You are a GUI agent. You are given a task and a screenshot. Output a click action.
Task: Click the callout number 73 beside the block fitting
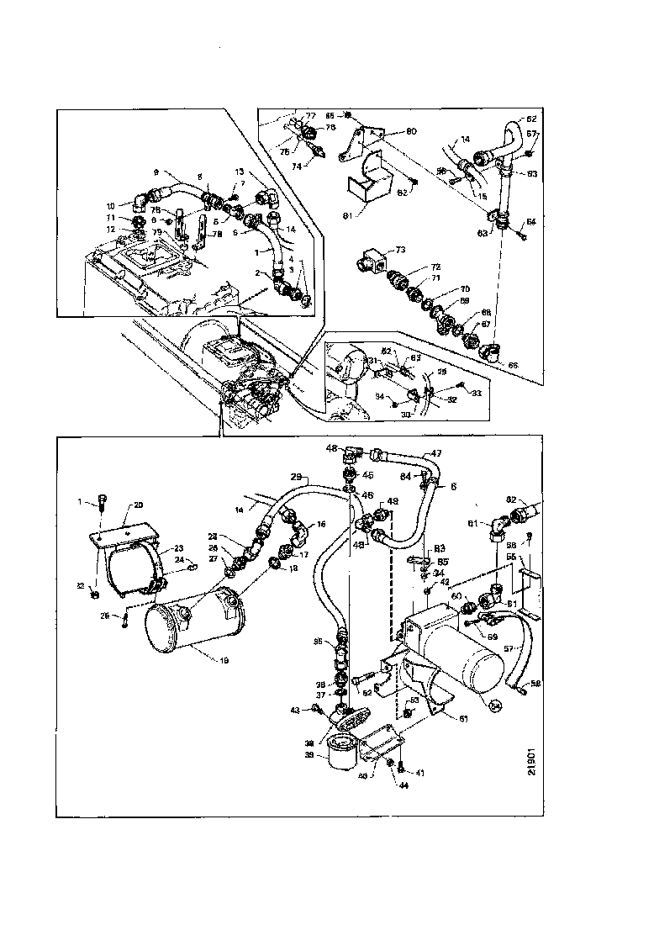tap(401, 251)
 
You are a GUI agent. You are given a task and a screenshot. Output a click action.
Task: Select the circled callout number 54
tap(495, 704)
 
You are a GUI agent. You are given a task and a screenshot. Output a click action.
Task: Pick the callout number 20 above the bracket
tap(139, 505)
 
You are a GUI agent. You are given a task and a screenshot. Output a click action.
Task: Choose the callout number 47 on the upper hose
tap(436, 452)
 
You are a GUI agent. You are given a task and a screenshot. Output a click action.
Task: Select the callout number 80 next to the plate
tap(411, 131)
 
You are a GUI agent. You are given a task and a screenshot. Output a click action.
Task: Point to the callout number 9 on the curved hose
tap(156, 172)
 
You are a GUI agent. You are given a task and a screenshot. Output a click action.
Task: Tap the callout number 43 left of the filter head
tap(294, 710)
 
